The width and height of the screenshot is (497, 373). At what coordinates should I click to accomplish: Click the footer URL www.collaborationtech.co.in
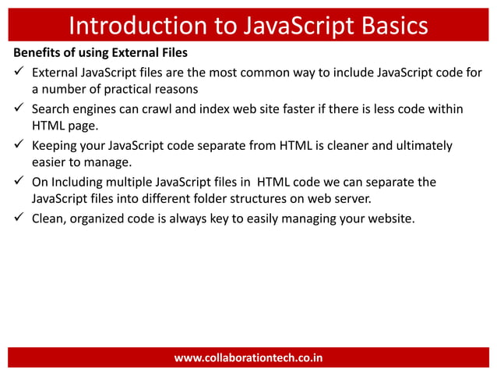coord(248,358)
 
